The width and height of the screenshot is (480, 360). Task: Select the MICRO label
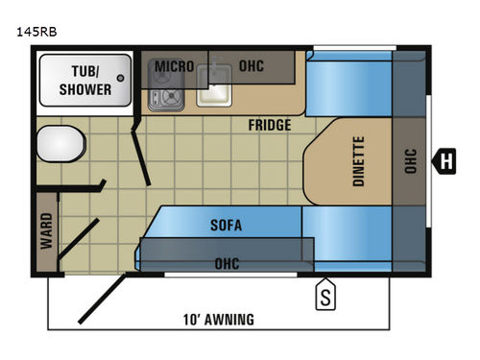pyautogui.click(x=175, y=66)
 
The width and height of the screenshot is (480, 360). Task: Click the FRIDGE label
pyautogui.click(x=270, y=125)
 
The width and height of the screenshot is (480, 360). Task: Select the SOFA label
pyautogui.click(x=226, y=226)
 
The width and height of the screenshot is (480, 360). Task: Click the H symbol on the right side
pyautogui.click(x=445, y=160)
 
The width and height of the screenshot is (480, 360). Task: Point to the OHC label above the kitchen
pyautogui.click(x=252, y=66)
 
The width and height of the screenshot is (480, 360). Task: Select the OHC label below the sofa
pyautogui.click(x=228, y=263)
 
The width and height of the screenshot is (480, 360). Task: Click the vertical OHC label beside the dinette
pyautogui.click(x=410, y=160)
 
